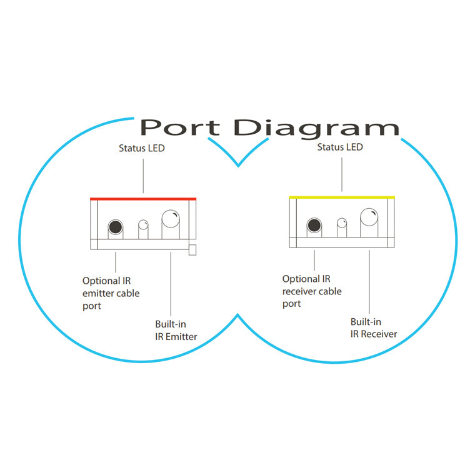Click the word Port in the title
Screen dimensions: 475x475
[x=180, y=127]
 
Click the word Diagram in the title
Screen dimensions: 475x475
[x=316, y=128]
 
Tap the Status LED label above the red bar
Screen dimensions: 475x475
[x=141, y=148]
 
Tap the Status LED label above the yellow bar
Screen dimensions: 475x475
[x=340, y=147]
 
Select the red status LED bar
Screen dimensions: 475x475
[x=143, y=199]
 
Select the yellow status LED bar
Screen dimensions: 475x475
[x=342, y=197]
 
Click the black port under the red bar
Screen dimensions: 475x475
[x=116, y=227]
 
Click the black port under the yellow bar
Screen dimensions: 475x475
[x=314, y=225]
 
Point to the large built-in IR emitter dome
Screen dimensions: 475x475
[x=171, y=219]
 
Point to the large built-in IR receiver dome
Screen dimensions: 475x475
[x=369, y=217]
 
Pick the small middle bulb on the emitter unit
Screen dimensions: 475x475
[x=143, y=225]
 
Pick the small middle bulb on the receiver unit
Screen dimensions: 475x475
[x=342, y=223]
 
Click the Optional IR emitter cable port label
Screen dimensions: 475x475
[x=111, y=293]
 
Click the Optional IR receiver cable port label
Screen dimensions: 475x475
[x=312, y=291]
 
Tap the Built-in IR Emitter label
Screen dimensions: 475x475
[x=176, y=330]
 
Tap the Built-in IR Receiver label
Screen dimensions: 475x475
[x=374, y=327]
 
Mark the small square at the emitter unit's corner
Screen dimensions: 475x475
[x=192, y=250]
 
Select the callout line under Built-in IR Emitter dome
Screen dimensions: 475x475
[x=171, y=284]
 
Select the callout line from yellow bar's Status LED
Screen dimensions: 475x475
[x=342, y=174]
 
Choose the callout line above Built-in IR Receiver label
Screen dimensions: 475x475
[x=369, y=282]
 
